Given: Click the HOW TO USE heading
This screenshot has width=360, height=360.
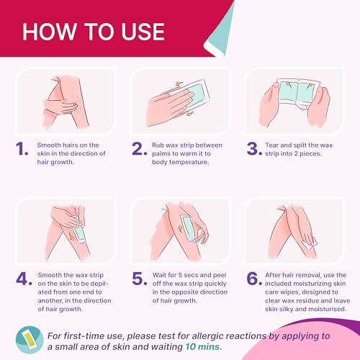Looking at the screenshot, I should click(x=94, y=32).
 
